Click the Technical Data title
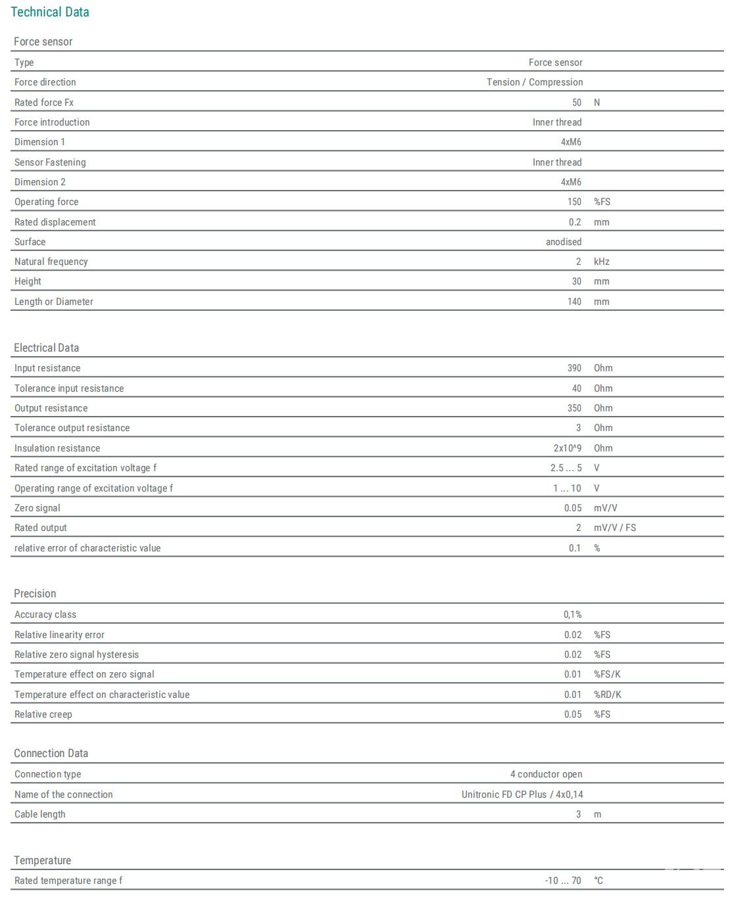50,12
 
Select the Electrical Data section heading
46,348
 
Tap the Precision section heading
35,593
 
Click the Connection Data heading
51,753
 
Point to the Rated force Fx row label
44,103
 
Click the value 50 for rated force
576,103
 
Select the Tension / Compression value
534,82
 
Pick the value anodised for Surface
563,242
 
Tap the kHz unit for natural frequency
601,262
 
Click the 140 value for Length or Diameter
574,302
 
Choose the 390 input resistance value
574,368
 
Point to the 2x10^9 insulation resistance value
567,448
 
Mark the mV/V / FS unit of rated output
614,528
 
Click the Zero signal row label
37,508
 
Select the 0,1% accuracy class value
572,614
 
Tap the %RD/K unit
607,695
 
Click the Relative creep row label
43,714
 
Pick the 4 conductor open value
546,774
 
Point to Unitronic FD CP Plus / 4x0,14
522,794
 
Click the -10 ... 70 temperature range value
563,881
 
